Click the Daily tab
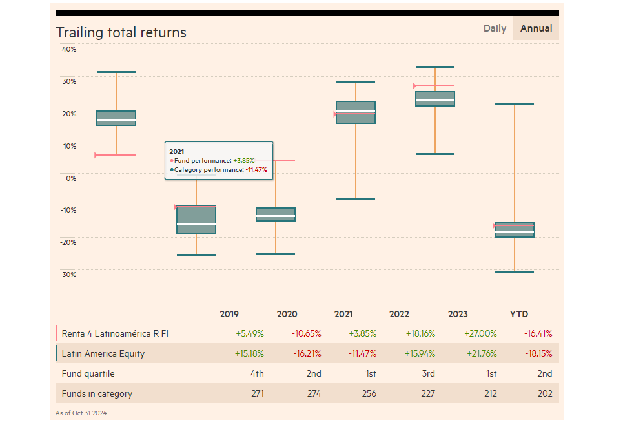pyautogui.click(x=495, y=28)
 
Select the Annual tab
pyautogui.click(x=536, y=28)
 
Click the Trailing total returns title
pyautogui.click(x=121, y=32)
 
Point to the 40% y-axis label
pyautogui.click(x=69, y=49)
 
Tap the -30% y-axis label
pyautogui.click(x=68, y=275)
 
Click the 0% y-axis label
pyautogui.click(x=70, y=178)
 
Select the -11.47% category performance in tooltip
pyautogui.click(x=255, y=169)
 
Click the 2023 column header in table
pyautogui.click(x=458, y=315)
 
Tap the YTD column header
pyautogui.click(x=519, y=315)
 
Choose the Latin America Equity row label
pyautogui.click(x=103, y=354)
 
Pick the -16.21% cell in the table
pyautogui.click(x=307, y=354)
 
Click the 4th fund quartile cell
pyautogui.click(x=256, y=373)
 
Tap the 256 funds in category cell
pyautogui.click(x=368, y=393)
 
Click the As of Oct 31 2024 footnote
pyautogui.click(x=81, y=413)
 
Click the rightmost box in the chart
pyautogui.click(x=515, y=229)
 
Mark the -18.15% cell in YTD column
pyautogui.click(x=538, y=354)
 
